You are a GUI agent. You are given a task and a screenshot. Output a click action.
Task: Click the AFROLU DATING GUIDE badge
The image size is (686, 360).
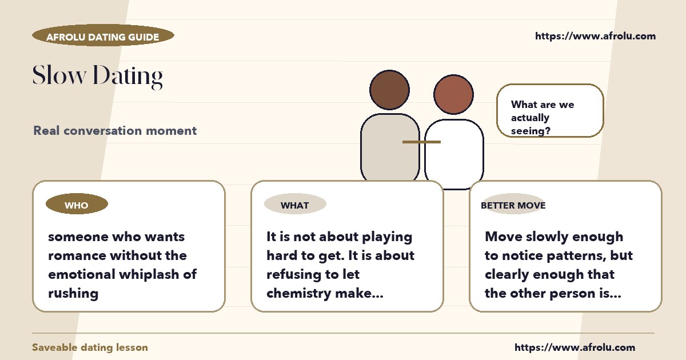103,35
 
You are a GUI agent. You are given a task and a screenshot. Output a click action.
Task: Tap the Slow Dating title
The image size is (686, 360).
98,76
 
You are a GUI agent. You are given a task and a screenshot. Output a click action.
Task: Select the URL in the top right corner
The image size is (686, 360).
595,36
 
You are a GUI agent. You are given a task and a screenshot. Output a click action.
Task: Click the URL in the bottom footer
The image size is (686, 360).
575,347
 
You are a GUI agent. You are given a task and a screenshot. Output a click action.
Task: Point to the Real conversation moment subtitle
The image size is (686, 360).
115,131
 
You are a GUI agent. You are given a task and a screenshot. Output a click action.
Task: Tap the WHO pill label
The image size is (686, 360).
77,204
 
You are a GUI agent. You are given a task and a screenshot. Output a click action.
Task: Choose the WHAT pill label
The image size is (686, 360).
295,204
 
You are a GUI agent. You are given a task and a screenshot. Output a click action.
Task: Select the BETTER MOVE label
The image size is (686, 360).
513,205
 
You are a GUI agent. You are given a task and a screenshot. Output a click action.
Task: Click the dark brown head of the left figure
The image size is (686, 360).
389,90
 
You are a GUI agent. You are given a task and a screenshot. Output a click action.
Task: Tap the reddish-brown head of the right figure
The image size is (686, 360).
453,94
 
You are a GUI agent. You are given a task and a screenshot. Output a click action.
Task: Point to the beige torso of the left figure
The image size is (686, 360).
389,147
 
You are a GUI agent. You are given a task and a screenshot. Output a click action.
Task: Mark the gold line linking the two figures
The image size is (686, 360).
421,142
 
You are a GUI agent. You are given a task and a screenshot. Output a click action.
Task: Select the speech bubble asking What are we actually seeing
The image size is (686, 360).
550,110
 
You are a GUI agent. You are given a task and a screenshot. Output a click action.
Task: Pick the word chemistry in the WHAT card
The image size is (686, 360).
298,294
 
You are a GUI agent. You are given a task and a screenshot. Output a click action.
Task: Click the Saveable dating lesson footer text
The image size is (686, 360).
90,347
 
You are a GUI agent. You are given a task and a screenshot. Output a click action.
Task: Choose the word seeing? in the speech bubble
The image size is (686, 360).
531,131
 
